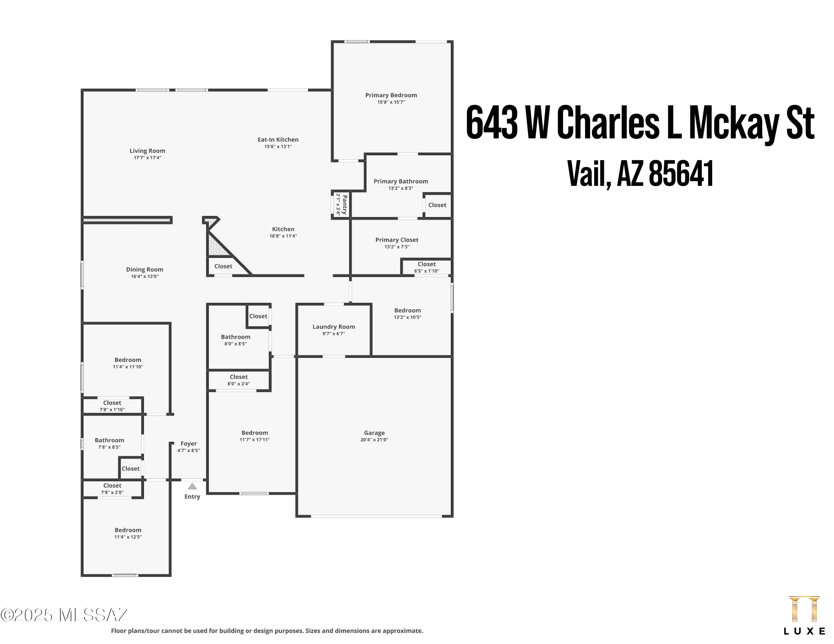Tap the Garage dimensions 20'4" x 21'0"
pyautogui.click(x=374, y=440)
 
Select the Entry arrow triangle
pyautogui.click(x=192, y=486)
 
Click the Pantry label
pyautogui.click(x=344, y=204)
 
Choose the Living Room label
pyautogui.click(x=147, y=151)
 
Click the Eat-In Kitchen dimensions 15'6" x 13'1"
pyautogui.click(x=278, y=146)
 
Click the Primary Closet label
pyautogui.click(x=396, y=239)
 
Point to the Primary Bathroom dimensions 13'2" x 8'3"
pyautogui.click(x=401, y=188)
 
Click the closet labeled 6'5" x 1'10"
pyautogui.click(x=426, y=264)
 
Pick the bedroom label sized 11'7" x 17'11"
pyautogui.click(x=254, y=433)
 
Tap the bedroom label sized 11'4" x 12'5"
pyautogui.click(x=128, y=530)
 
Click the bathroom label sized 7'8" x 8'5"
pyautogui.click(x=109, y=440)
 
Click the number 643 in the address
pyautogui.click(x=492, y=123)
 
